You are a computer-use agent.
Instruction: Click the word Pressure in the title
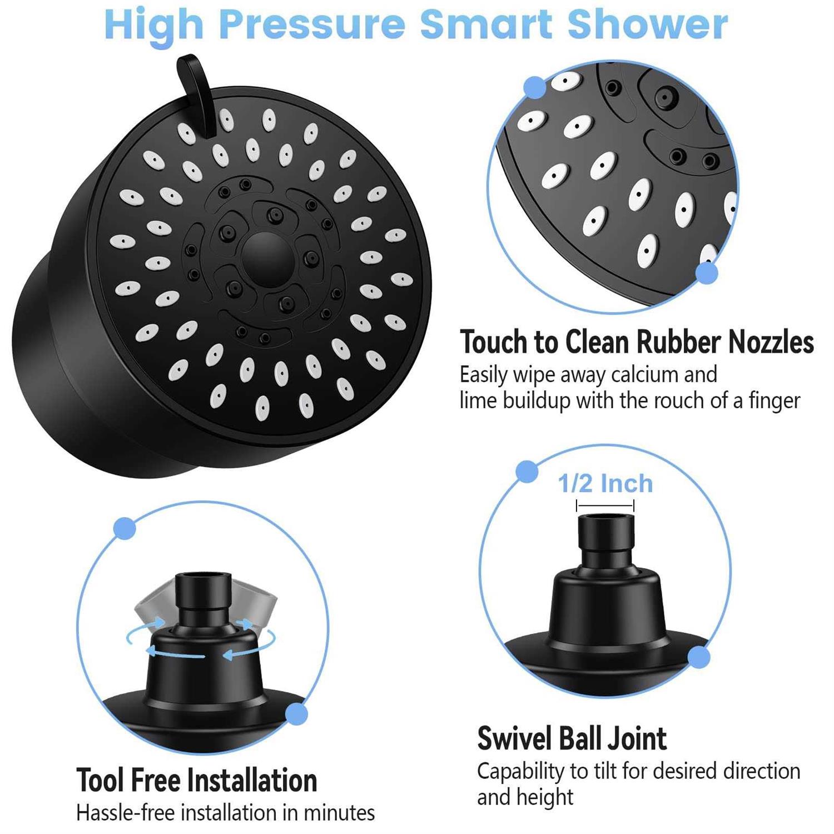point(311,25)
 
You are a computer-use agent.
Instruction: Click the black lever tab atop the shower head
point(196,89)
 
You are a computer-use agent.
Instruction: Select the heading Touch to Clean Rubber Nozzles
point(637,342)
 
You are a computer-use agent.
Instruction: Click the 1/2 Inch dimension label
point(605,484)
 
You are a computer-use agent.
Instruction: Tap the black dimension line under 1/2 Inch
point(605,505)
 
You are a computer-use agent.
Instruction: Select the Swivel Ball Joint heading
point(572,738)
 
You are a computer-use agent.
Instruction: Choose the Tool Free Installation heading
point(196,780)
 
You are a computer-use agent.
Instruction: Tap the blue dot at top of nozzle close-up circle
point(535,88)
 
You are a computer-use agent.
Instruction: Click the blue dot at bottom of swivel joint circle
point(699,658)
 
